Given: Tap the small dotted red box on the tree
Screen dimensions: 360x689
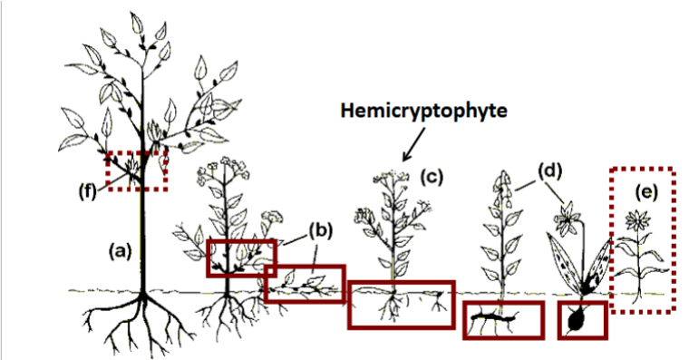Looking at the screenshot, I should point(137,171).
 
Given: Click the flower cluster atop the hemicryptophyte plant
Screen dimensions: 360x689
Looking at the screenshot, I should point(392,178).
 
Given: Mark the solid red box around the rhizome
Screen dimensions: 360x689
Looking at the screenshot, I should point(502,319).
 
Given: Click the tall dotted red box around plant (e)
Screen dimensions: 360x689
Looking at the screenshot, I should point(642,240).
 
